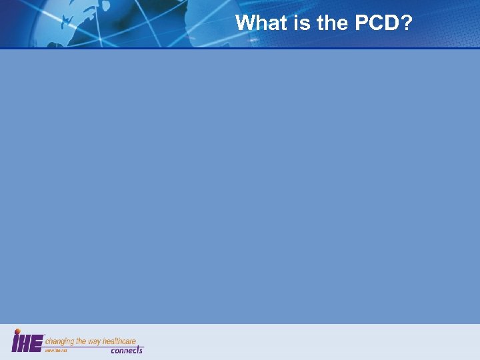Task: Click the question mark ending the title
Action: click(407, 23)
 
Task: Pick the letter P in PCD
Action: click(361, 23)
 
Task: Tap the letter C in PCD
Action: click(376, 23)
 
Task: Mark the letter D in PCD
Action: click(393, 23)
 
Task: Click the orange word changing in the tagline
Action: click(60, 341)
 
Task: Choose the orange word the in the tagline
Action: click(82, 341)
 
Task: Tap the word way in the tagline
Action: click(96, 341)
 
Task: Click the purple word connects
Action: click(127, 350)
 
